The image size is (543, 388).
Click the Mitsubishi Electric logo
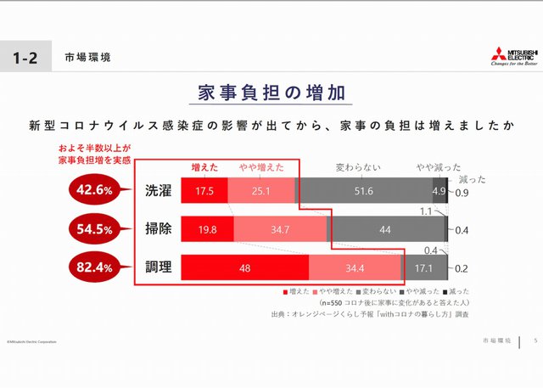[513, 55]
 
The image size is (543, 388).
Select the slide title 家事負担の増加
[271, 93]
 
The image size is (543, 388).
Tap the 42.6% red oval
[94, 191]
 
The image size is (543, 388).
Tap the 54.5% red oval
[94, 229]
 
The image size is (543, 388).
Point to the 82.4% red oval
[94, 267]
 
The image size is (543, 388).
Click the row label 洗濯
[158, 191]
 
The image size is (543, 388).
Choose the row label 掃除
[158, 229]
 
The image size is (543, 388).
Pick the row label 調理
[158, 267]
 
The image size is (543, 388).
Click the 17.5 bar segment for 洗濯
[204, 191]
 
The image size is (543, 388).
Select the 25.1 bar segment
[261, 191]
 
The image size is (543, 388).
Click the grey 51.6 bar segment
[363, 191]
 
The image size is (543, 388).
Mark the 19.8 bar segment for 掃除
[207, 229]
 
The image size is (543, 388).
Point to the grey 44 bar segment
[385, 229]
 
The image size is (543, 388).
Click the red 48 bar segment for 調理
[245, 267]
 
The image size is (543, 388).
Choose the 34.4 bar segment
[355, 267]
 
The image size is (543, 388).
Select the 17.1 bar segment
[423, 267]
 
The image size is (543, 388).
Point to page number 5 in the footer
[535, 340]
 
